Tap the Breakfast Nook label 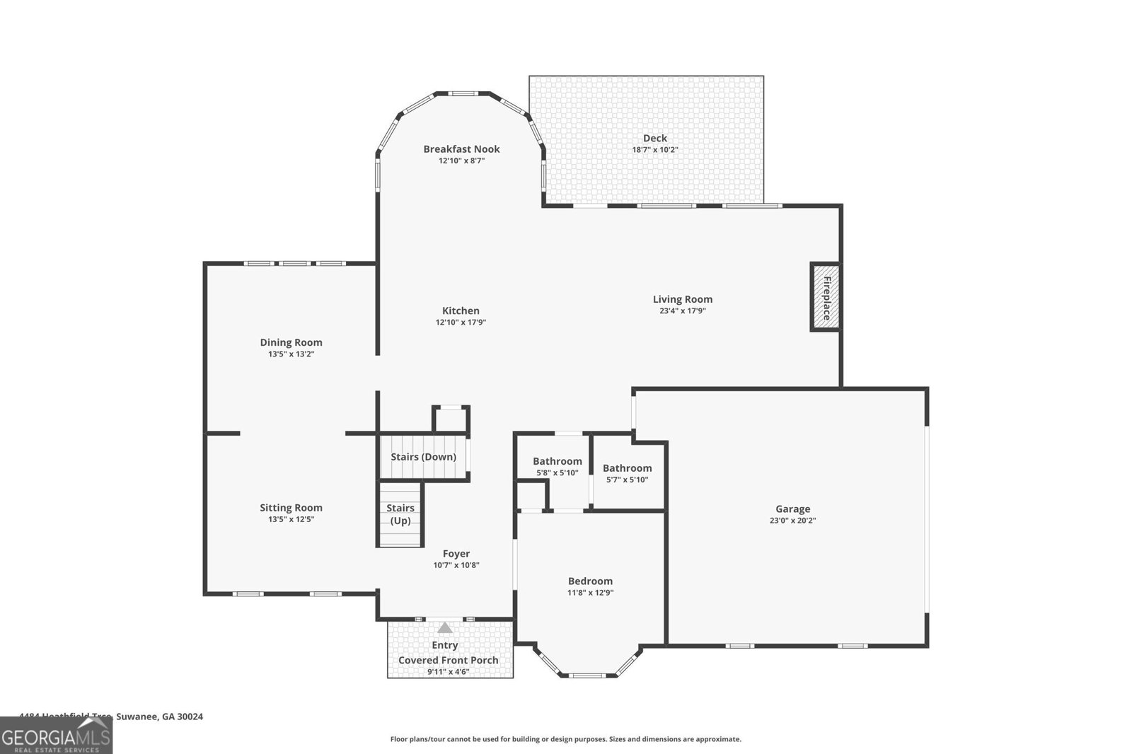[x=461, y=149]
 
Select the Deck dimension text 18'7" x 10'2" [x=654, y=150]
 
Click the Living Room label [x=682, y=299]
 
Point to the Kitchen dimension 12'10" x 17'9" [x=461, y=323]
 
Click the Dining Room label [x=291, y=342]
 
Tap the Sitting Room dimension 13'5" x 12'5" [x=291, y=519]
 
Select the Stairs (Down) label [x=423, y=457]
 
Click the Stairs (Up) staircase [x=400, y=514]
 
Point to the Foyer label [x=456, y=554]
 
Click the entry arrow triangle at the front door [x=444, y=628]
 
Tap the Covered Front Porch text [x=448, y=660]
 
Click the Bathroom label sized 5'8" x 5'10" [x=558, y=461]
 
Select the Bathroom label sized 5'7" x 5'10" [x=627, y=468]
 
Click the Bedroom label [x=590, y=581]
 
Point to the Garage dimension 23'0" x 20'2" [x=792, y=521]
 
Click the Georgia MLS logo [x=56, y=736]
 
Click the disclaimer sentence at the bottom [x=565, y=739]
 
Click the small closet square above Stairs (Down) [x=451, y=419]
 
